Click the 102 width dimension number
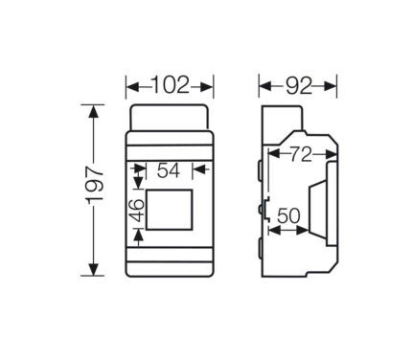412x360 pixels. [171, 85]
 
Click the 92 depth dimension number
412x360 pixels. [299, 86]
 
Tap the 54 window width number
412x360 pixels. [169, 170]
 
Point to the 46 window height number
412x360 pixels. [138, 210]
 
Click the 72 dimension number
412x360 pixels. [301, 155]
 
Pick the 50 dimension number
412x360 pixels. [288, 215]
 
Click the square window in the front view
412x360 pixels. [169, 210]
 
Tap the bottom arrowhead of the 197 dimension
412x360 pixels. [93, 269]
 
